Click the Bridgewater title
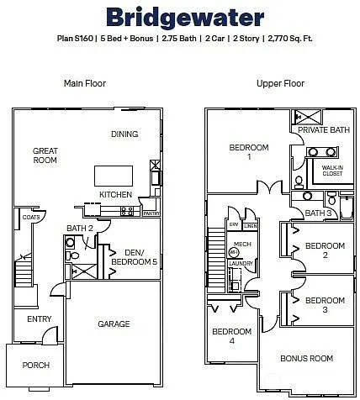pyautogui.click(x=179, y=18)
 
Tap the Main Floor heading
pyautogui.click(x=85, y=83)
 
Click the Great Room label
pyautogui.click(x=45, y=156)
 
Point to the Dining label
pyautogui.click(x=125, y=134)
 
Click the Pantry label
pyautogui.click(x=151, y=213)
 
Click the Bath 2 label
pyautogui.click(x=80, y=228)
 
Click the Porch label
pyautogui.click(x=36, y=365)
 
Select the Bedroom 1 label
pyautogui.click(x=249, y=153)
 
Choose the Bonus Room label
pyautogui.click(x=306, y=358)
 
